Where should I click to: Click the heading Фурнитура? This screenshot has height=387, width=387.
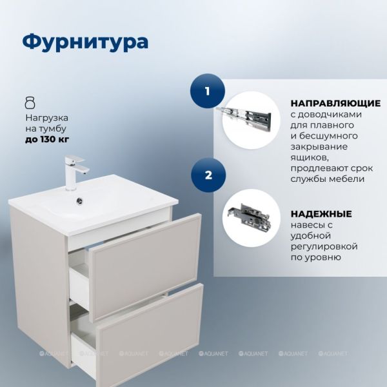[85, 42]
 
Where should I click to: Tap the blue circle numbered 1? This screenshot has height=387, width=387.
[207, 91]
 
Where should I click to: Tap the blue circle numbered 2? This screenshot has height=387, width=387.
[208, 175]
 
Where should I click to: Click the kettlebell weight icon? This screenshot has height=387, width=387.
[30, 103]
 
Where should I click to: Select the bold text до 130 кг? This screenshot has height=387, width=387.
[47, 139]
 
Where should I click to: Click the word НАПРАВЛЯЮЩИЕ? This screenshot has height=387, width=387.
[335, 103]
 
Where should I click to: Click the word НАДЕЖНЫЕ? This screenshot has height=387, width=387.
[321, 213]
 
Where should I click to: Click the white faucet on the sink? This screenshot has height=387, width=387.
[75, 172]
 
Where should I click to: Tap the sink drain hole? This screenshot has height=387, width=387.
[80, 201]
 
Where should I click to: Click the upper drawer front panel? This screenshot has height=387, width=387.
[145, 268]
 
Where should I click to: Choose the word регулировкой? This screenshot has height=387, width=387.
[324, 246]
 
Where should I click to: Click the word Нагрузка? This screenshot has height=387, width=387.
[47, 118]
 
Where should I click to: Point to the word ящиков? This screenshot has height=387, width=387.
[310, 157]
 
